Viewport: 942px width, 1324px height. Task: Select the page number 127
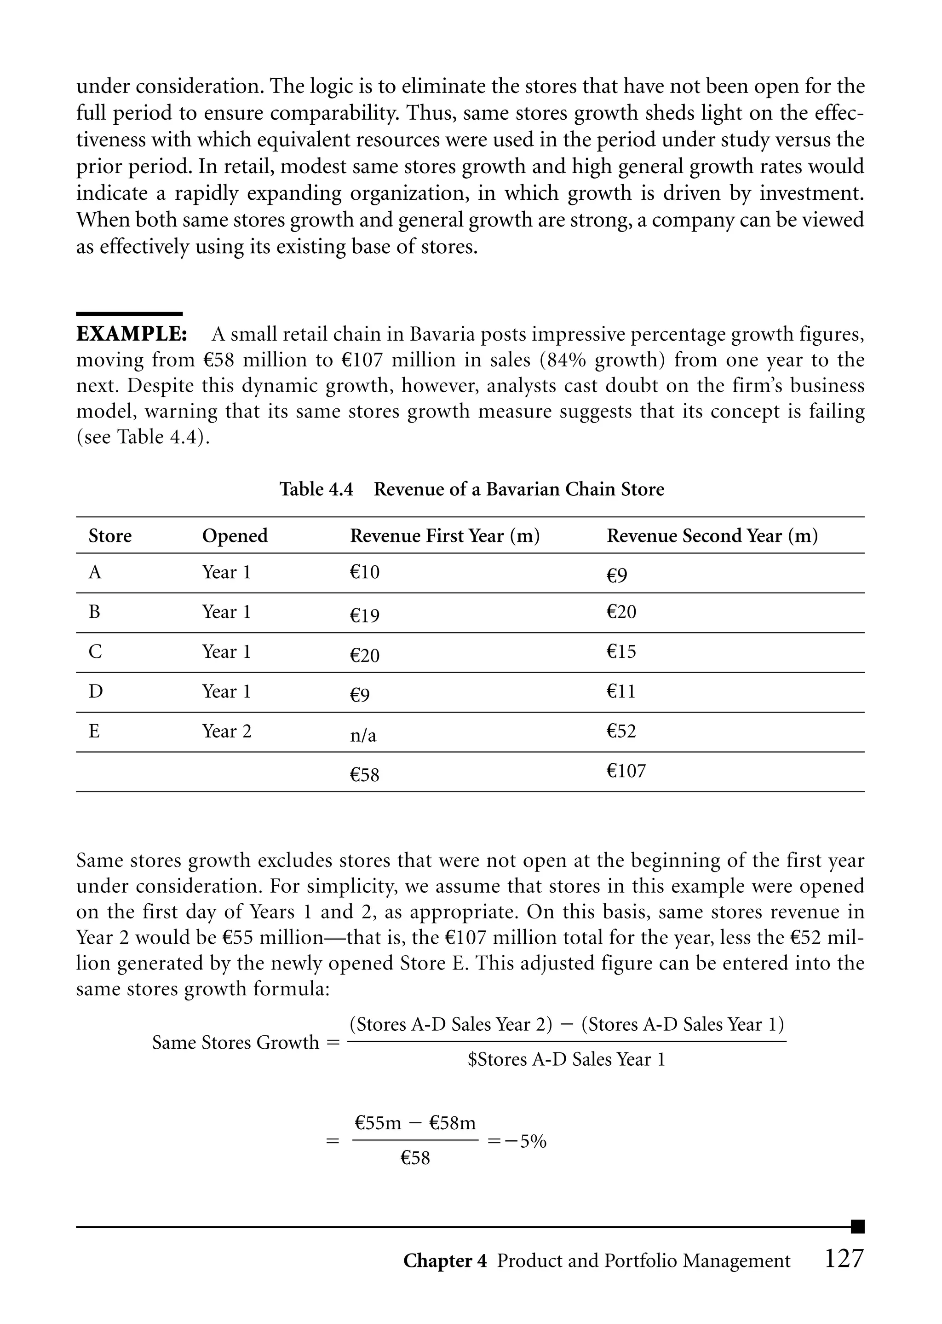[x=844, y=1259]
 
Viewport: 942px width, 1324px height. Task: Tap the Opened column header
[x=235, y=535]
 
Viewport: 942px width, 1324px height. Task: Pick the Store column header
[x=110, y=535]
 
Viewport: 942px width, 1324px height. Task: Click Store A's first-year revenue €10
[x=364, y=572]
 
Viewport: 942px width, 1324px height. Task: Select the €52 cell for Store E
[x=621, y=731]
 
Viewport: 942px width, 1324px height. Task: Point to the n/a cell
[x=363, y=735]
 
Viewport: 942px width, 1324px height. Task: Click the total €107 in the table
[x=626, y=771]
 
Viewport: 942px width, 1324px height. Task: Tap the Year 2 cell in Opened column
[x=227, y=731]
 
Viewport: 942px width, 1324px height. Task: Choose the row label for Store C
[x=95, y=652]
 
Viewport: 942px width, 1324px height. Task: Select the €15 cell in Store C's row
[x=621, y=651]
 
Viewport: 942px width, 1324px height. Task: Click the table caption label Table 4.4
[x=316, y=489]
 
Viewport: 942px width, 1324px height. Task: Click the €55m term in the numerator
[x=378, y=1123]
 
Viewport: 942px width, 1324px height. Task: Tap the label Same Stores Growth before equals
[x=235, y=1042]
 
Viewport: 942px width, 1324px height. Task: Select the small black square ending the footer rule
[x=857, y=1227]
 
